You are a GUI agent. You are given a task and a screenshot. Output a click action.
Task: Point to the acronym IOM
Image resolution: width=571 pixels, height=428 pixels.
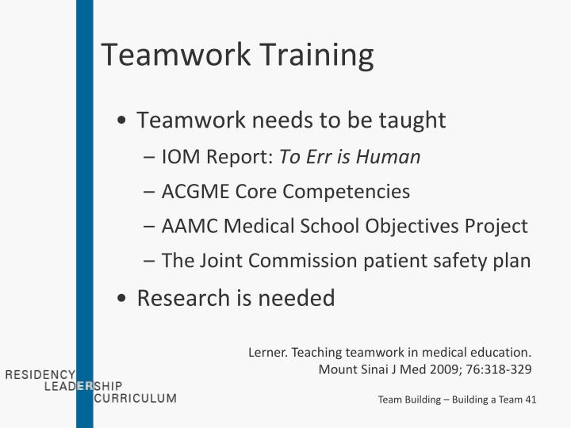180,157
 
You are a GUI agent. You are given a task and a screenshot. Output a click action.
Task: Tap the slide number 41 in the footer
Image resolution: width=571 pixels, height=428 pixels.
530,399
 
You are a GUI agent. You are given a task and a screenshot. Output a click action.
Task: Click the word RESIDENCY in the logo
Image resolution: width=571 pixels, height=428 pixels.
40,374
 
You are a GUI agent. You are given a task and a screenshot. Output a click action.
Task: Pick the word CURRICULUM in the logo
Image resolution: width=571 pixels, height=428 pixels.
135,398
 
